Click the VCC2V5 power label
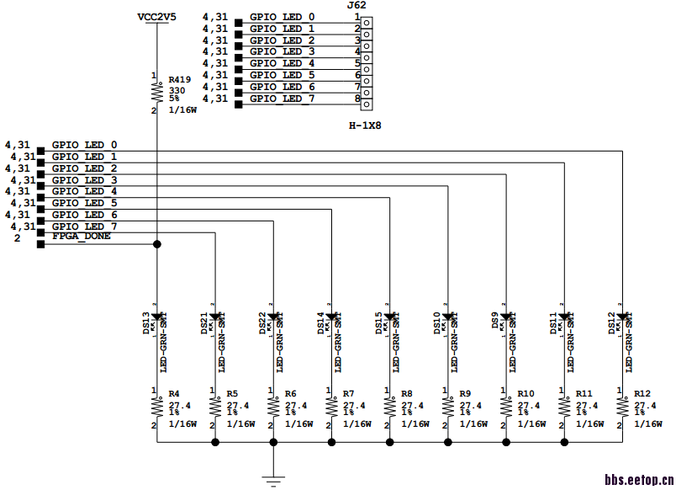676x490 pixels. pyautogui.click(x=156, y=17)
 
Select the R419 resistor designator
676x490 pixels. pyautogui.click(x=180, y=79)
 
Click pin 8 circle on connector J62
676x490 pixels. pyautogui.click(x=367, y=99)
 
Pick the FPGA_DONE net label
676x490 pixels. pyautogui.click(x=81, y=237)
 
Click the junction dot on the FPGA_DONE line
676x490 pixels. pyautogui.click(x=156, y=244)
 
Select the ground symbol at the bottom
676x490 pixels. pyautogui.click(x=272, y=481)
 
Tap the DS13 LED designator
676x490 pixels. pyautogui.click(x=146, y=323)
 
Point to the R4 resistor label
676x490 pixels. pyautogui.click(x=174, y=393)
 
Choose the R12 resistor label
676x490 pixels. pyautogui.click(x=642, y=393)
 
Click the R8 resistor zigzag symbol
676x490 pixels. pyautogui.click(x=389, y=408)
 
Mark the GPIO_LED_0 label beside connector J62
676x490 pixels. pyautogui.click(x=282, y=17)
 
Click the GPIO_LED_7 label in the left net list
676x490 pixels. pyautogui.click(x=84, y=226)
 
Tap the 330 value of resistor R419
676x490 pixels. pyautogui.click(x=177, y=89)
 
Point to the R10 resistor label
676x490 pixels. pyautogui.click(x=525, y=393)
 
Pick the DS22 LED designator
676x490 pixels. pyautogui.click(x=262, y=323)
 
